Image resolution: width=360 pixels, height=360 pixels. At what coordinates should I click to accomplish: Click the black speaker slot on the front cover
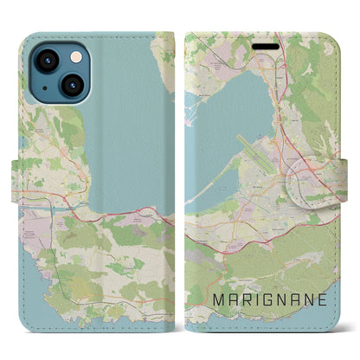[x=270, y=42]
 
